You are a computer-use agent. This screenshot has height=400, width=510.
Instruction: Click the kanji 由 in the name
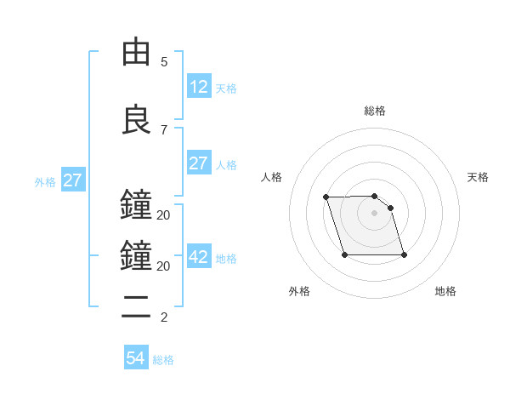point(136,52)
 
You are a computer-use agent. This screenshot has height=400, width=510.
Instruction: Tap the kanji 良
point(136,120)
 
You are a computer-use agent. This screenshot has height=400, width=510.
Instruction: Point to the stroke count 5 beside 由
point(164,62)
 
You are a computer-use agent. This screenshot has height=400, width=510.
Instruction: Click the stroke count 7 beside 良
point(164,130)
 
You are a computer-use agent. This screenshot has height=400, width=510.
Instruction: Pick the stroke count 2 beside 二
point(164,318)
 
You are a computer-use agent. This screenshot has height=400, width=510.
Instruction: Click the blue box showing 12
point(198,86)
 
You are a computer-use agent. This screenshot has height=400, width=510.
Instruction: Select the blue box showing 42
point(198,257)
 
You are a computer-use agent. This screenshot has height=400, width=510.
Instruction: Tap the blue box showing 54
point(136,358)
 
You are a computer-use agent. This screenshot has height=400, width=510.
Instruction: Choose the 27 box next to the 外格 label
point(72,180)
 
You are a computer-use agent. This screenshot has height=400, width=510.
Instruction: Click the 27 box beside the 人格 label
point(198,163)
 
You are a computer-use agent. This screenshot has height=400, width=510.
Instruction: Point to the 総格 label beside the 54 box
point(163,360)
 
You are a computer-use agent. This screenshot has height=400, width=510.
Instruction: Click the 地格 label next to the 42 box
point(226,259)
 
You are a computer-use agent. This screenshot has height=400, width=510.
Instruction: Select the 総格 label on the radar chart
point(375,111)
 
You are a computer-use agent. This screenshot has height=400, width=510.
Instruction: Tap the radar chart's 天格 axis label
point(479,177)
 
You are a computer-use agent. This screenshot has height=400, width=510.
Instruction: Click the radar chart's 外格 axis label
point(299,291)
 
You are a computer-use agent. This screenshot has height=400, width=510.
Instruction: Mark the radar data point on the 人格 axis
point(326,197)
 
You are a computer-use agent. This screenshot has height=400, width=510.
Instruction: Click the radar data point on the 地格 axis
point(404,254)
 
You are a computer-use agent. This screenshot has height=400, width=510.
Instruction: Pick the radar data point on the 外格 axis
point(344,254)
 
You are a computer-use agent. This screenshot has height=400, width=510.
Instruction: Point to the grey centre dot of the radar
point(375,213)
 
